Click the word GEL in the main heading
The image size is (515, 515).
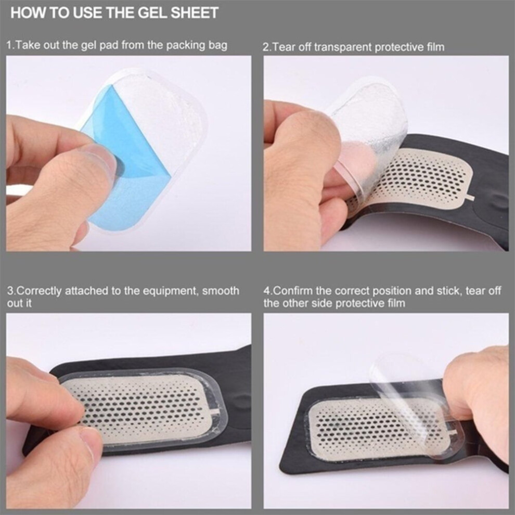153,13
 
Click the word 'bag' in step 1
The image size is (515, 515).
218,45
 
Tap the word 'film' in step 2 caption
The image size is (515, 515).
435,47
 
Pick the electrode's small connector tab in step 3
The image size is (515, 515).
215,411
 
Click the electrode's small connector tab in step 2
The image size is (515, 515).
470,198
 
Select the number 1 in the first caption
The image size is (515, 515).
9,45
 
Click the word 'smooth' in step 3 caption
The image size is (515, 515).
221,291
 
